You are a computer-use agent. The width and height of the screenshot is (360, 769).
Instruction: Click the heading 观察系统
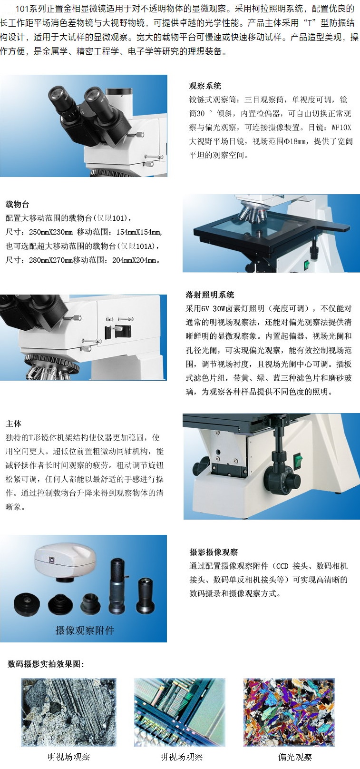(x=205, y=86)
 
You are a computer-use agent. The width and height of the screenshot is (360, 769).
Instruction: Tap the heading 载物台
(x=18, y=205)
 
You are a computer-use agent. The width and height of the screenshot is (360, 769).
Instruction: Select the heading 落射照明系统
(x=210, y=295)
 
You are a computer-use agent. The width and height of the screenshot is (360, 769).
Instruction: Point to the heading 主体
(x=13, y=424)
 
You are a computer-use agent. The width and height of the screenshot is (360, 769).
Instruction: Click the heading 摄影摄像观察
(x=214, y=552)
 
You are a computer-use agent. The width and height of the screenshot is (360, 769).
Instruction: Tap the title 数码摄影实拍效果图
(x=46, y=664)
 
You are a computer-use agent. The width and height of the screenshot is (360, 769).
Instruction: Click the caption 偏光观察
(x=295, y=757)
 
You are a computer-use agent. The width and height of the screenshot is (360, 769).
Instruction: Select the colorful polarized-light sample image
(x=289, y=712)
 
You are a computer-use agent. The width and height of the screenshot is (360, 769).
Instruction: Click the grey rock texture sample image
(x=68, y=712)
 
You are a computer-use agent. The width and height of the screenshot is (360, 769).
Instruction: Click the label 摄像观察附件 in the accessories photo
(x=85, y=631)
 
